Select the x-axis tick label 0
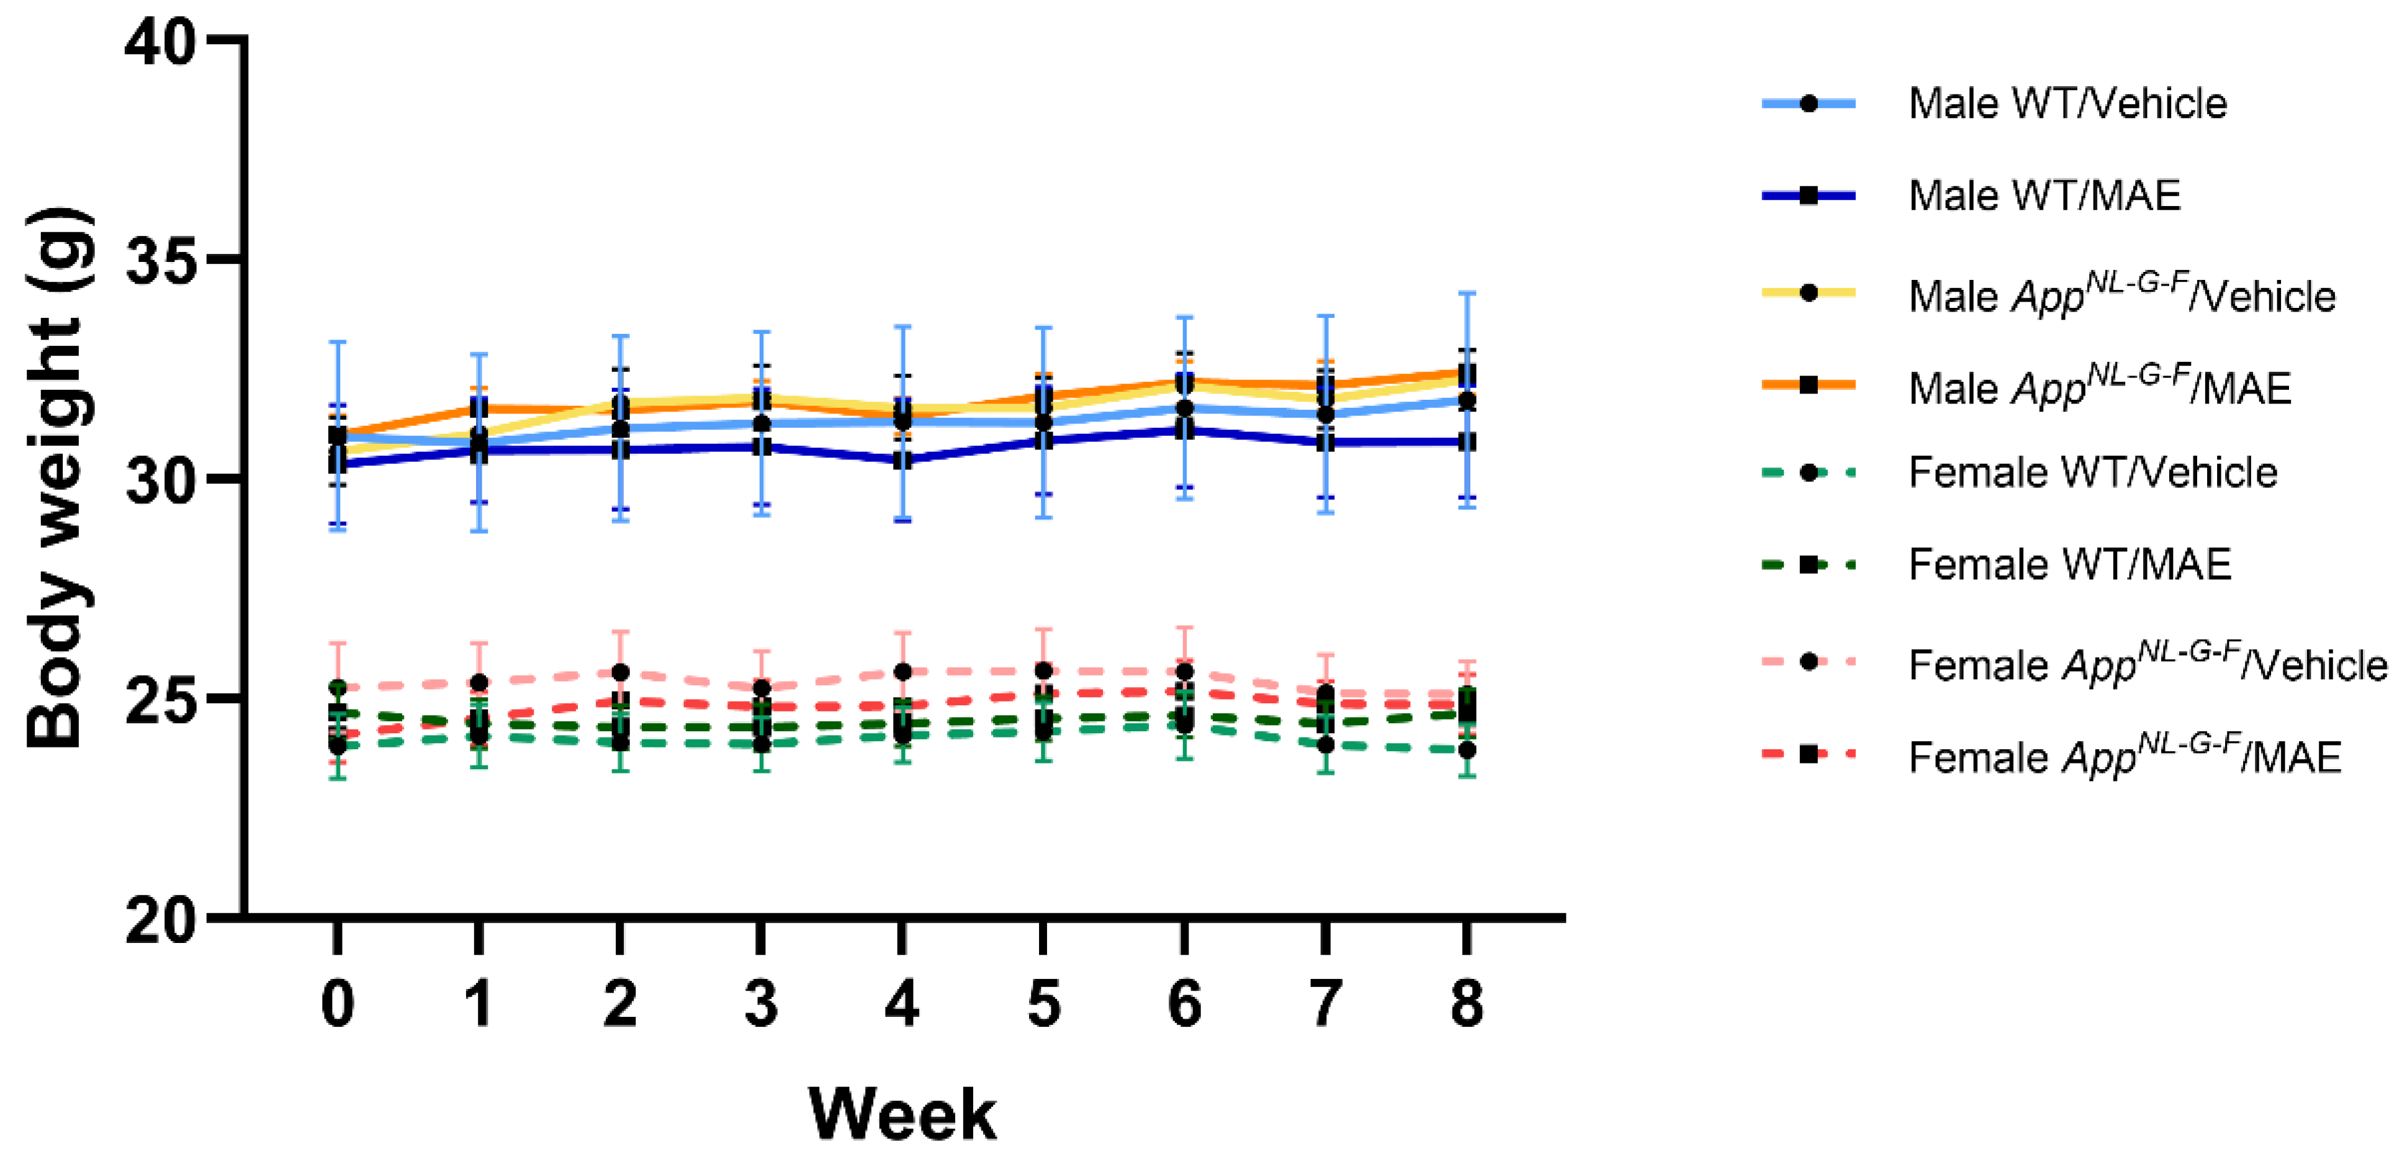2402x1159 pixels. (338, 1004)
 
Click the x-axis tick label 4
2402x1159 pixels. (902, 1004)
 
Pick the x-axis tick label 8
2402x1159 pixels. (1467, 1004)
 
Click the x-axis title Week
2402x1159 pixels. (902, 1114)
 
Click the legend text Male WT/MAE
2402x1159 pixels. (2044, 196)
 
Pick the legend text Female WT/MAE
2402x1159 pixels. (2069, 565)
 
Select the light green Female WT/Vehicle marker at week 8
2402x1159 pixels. (1467, 751)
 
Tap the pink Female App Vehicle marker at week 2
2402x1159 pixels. (620, 672)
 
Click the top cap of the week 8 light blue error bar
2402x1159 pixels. (1467, 294)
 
